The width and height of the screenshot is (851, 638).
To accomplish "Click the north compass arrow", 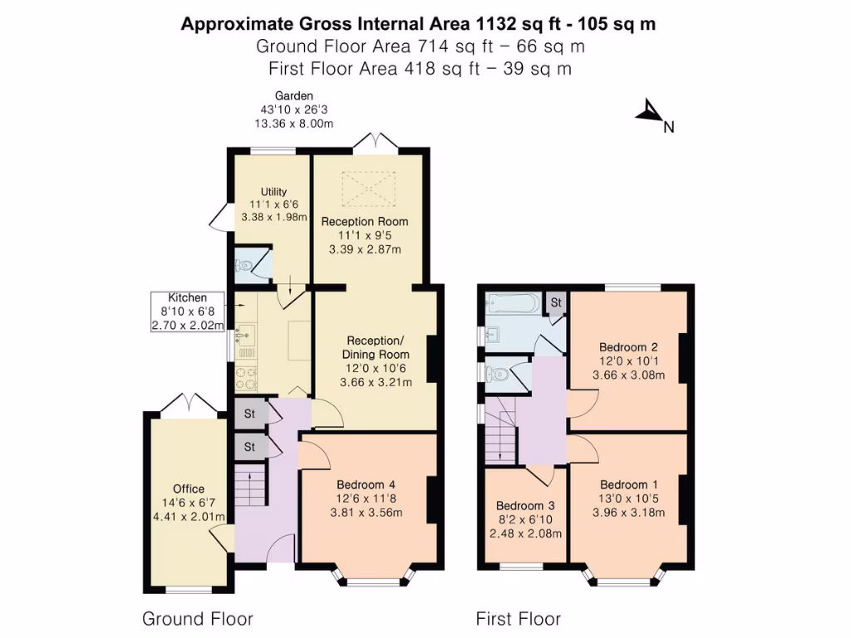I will coord(648,112).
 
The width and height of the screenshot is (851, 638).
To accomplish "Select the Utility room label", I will coord(273,191).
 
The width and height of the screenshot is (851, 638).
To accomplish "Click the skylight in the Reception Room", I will coord(365,189).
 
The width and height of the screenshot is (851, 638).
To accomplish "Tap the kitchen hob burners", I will coord(245,379).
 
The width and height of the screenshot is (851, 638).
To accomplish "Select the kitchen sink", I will coord(243,336).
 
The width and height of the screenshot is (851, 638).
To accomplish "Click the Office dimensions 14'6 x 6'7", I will coord(189,502).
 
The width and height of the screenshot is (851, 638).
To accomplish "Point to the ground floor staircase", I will coord(250,486).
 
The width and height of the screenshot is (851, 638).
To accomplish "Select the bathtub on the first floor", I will coord(511,302).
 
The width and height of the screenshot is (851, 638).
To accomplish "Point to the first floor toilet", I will coord(498,375).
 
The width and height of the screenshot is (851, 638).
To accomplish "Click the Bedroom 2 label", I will coord(628,347).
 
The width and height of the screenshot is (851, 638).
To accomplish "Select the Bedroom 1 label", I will coord(628,485).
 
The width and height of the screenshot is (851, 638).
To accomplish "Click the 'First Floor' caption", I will coord(518,619).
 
